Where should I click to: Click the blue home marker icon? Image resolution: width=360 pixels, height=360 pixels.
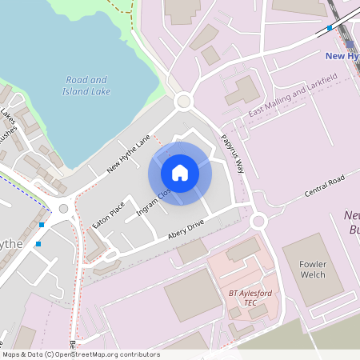tap(180, 173)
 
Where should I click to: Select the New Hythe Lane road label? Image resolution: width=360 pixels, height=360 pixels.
tap(129, 154)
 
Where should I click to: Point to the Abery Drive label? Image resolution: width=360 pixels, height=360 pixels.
tap(186, 230)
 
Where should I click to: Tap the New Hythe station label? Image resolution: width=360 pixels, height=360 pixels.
tap(342, 56)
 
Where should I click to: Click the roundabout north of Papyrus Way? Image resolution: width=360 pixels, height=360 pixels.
tap(185, 101)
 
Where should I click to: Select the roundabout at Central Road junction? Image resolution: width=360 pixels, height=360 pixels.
tap(258, 221)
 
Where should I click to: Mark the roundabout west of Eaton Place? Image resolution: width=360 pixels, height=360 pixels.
tap(64, 208)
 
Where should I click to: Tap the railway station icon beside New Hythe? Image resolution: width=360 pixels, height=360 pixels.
tap(350, 44)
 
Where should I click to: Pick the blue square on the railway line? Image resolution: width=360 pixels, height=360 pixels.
tap(330, 28)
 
